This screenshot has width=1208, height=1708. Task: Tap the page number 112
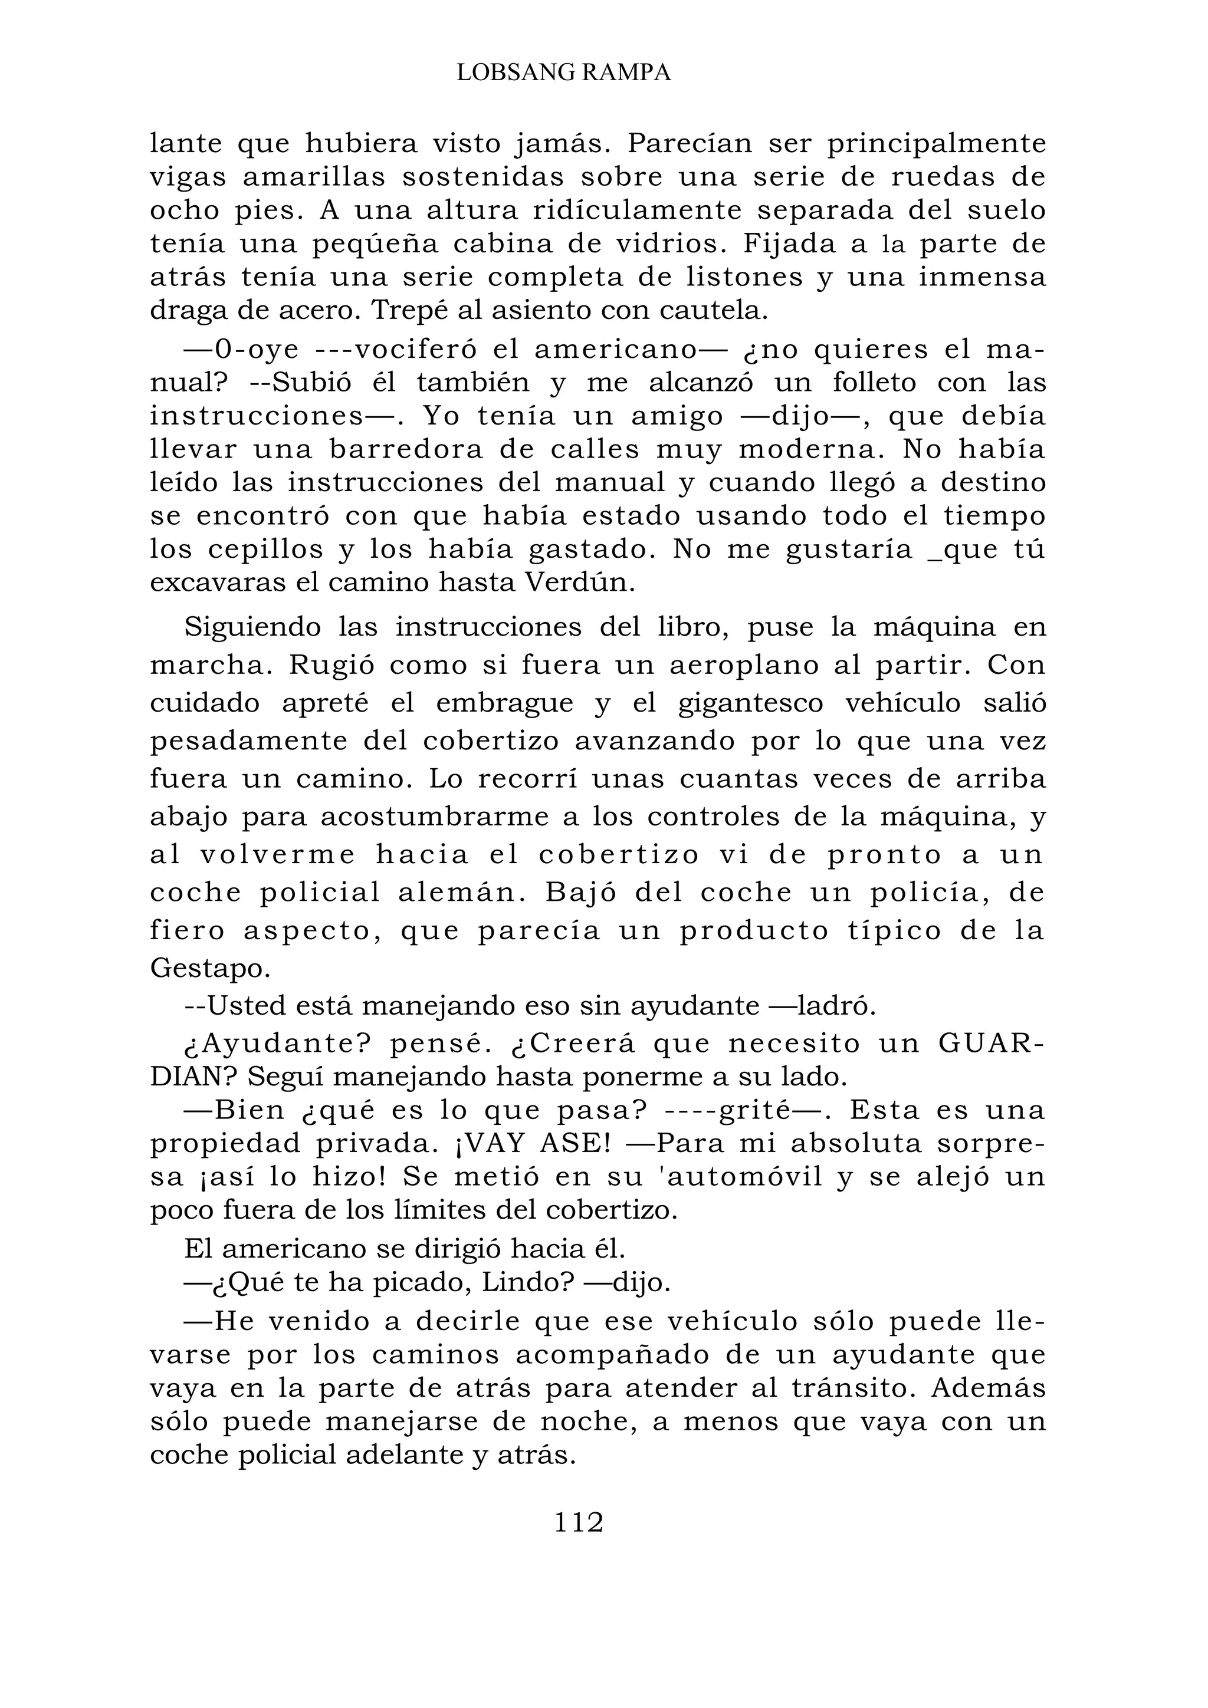coord(578,1523)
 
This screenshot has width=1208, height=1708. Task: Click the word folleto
coord(874,383)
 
